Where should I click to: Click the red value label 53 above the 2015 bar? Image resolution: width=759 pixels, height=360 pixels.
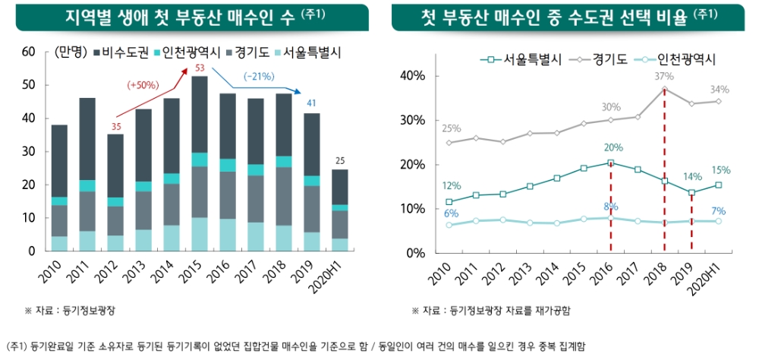(x=200, y=69)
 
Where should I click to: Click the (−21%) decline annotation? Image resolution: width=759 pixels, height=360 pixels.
(x=259, y=76)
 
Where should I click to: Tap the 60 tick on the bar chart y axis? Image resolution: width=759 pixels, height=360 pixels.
(x=30, y=52)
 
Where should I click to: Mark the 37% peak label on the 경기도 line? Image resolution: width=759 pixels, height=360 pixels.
(x=663, y=76)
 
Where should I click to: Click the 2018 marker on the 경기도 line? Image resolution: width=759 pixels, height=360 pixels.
(x=665, y=89)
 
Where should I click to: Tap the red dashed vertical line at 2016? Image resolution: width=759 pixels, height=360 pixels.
(x=611, y=213)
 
